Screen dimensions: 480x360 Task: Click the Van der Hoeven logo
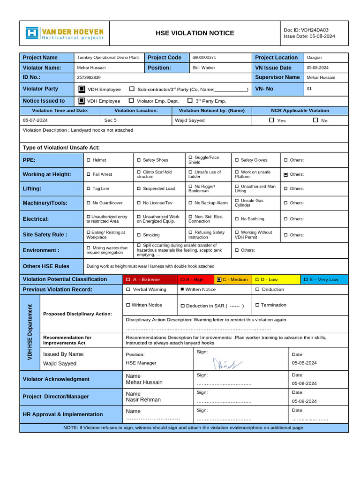(64, 33)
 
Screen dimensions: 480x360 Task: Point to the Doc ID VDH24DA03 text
(306, 30)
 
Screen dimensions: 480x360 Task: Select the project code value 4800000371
(204, 58)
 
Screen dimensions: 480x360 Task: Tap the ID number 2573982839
(89, 77)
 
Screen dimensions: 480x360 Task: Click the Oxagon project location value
(314, 58)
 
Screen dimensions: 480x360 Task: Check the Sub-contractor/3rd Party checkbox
(132, 89)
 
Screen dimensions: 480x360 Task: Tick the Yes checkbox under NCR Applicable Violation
(271, 120)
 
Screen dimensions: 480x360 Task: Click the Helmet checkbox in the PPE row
(89, 160)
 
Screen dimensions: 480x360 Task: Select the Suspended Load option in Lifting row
(139, 189)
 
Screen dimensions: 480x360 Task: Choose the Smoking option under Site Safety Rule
(139, 235)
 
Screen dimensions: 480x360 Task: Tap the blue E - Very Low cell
(324, 279)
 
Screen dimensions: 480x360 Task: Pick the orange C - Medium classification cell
(232, 279)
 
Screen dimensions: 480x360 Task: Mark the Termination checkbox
(257, 305)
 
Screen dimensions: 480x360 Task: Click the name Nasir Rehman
(143, 400)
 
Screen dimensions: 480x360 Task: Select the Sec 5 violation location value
(111, 120)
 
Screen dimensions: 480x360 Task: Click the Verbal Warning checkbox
(128, 290)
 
